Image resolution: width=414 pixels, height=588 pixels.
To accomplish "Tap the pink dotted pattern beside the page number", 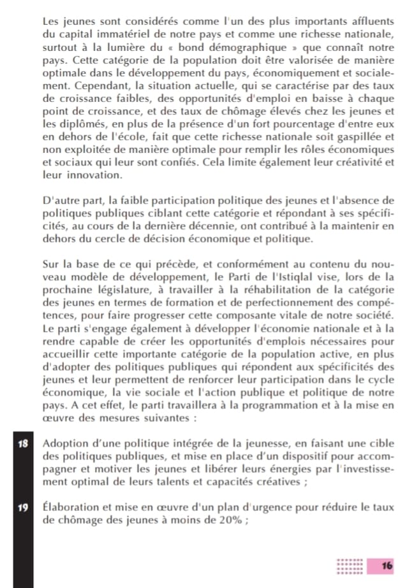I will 350,565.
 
